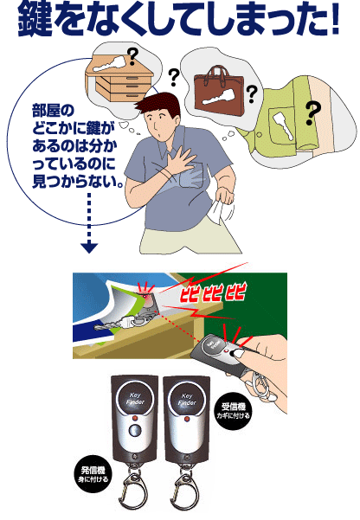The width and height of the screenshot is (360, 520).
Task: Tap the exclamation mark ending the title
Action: tap(334, 20)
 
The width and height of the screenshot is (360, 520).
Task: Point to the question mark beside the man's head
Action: tap(174, 77)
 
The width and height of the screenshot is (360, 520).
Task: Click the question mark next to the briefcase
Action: tap(252, 93)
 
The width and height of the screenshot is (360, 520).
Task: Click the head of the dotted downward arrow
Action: tap(89, 247)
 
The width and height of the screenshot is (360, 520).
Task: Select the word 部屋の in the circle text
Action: tap(53, 111)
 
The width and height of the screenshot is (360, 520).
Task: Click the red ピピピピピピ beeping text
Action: tap(213, 292)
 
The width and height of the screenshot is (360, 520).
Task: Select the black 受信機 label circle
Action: tap(233, 411)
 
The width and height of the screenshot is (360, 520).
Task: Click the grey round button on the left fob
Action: tap(134, 431)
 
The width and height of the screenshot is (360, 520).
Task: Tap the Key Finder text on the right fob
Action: tap(187, 399)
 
